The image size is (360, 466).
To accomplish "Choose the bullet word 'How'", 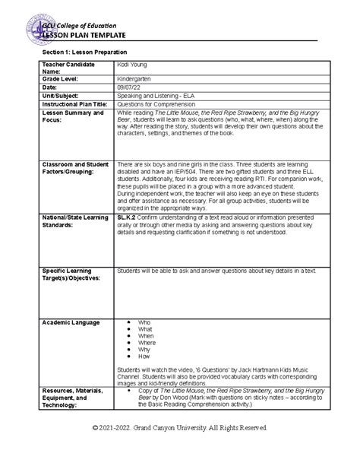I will point(144,356).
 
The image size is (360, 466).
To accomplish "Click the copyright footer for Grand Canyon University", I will point(180,449).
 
